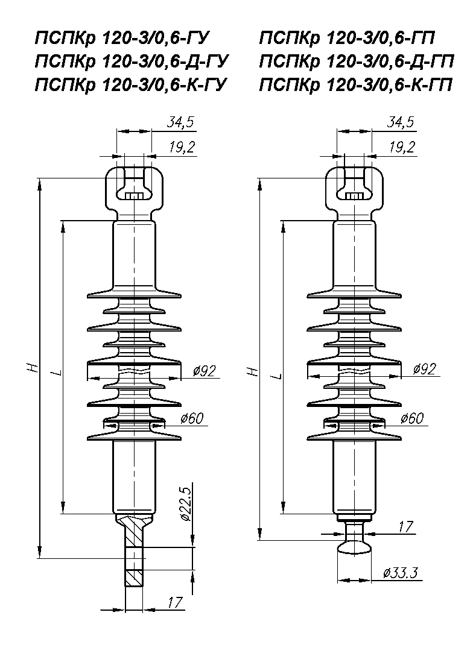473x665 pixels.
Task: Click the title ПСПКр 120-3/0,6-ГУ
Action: [122, 39]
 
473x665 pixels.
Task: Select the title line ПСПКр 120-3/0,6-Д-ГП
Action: [357, 61]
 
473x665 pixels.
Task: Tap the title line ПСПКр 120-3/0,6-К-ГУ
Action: [131, 84]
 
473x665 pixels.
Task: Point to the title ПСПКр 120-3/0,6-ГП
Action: [347, 39]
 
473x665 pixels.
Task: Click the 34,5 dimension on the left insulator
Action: [180, 122]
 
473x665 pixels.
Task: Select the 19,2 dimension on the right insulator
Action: [402, 147]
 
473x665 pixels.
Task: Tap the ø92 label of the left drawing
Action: [204, 371]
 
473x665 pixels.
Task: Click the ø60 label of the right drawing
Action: [412, 418]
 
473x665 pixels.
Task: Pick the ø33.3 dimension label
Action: [400, 573]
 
